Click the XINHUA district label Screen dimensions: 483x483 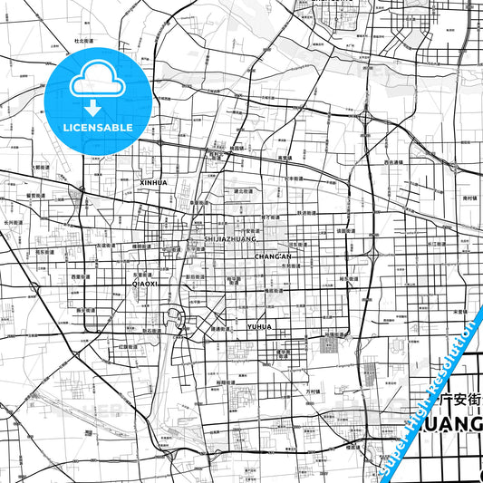click(x=154, y=182)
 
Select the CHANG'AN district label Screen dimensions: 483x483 click(x=272, y=257)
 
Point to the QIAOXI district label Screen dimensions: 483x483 click(x=145, y=284)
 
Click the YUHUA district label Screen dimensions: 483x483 click(x=259, y=326)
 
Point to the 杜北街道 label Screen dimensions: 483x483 click(x=84, y=41)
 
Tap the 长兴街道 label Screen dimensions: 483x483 click(x=13, y=220)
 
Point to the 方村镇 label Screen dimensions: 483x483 click(x=314, y=391)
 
